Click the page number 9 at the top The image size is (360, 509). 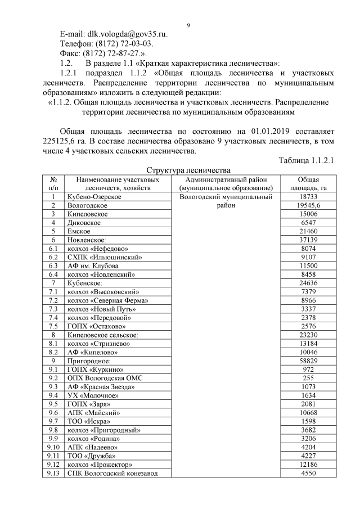[x=188, y=25]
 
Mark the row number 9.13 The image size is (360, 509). [x=54, y=473]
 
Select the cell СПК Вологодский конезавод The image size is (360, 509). [x=112, y=473]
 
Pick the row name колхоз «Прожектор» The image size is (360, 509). [x=100, y=465]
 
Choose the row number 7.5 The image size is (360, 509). [x=54, y=326]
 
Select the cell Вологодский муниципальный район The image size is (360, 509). [x=225, y=201]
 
